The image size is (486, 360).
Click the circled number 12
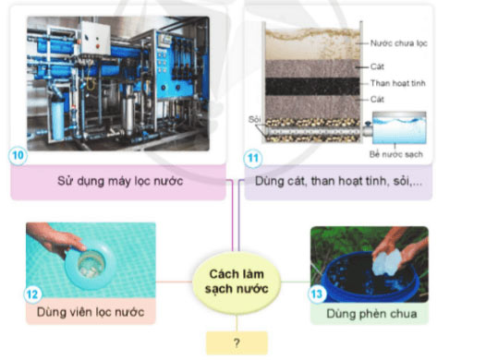pos(32,294)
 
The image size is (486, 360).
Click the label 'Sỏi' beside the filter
pos(254,119)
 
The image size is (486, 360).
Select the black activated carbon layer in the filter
pos(313,84)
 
